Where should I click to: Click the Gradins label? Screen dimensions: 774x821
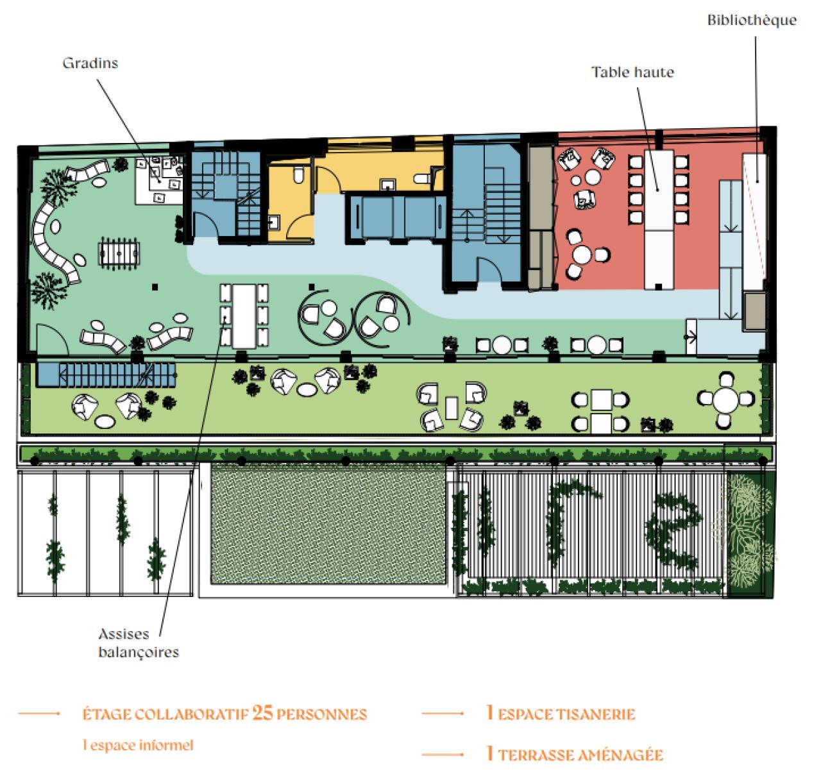90,63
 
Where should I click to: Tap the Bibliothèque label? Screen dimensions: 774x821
752,20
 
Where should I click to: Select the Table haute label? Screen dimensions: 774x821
632,72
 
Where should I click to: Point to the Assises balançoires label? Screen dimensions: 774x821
138,643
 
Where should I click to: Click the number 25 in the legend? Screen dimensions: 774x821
262,714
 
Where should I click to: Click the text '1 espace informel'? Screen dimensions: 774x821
137,745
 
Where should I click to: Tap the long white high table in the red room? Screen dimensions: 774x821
658,218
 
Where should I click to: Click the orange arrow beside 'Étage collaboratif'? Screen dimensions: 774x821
39,714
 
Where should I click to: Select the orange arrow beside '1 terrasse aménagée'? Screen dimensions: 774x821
443,755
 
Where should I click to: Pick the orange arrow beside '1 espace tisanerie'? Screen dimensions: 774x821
443,714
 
